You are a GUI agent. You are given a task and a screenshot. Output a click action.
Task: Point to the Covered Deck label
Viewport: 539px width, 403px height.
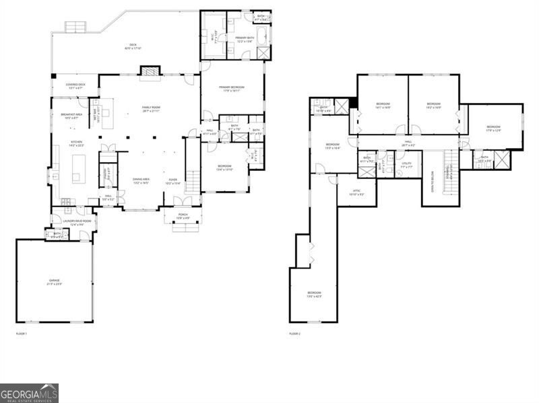tap(74, 86)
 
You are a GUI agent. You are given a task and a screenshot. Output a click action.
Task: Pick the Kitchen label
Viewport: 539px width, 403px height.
tap(77, 143)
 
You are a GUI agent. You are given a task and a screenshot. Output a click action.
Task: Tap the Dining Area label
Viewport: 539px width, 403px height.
tap(140, 181)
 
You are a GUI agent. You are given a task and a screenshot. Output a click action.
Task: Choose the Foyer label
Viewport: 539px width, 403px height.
tap(172, 181)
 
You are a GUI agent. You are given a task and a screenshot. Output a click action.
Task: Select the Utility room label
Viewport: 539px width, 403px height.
tap(407, 163)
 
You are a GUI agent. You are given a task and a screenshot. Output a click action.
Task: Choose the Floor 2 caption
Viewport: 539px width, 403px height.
tap(294, 333)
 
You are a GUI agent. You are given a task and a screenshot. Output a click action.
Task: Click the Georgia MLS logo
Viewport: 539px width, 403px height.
tap(29, 393)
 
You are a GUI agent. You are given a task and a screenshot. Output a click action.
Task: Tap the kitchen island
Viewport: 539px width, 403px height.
tap(78, 169)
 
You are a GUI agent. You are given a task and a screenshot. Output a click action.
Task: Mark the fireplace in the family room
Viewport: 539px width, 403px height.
tap(150, 71)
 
